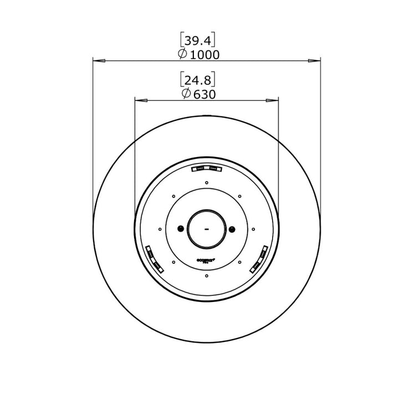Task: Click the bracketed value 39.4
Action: (x=198, y=40)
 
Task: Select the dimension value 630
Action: (x=204, y=94)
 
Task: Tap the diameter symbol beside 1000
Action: (x=182, y=54)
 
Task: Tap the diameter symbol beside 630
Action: (x=186, y=94)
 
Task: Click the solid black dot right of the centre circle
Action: (x=232, y=228)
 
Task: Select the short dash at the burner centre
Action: (x=206, y=228)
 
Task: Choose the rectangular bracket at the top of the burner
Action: (x=206, y=168)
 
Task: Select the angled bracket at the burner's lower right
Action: (x=259, y=259)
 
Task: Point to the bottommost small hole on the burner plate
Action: (x=206, y=275)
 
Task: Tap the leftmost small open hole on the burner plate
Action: (x=160, y=228)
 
